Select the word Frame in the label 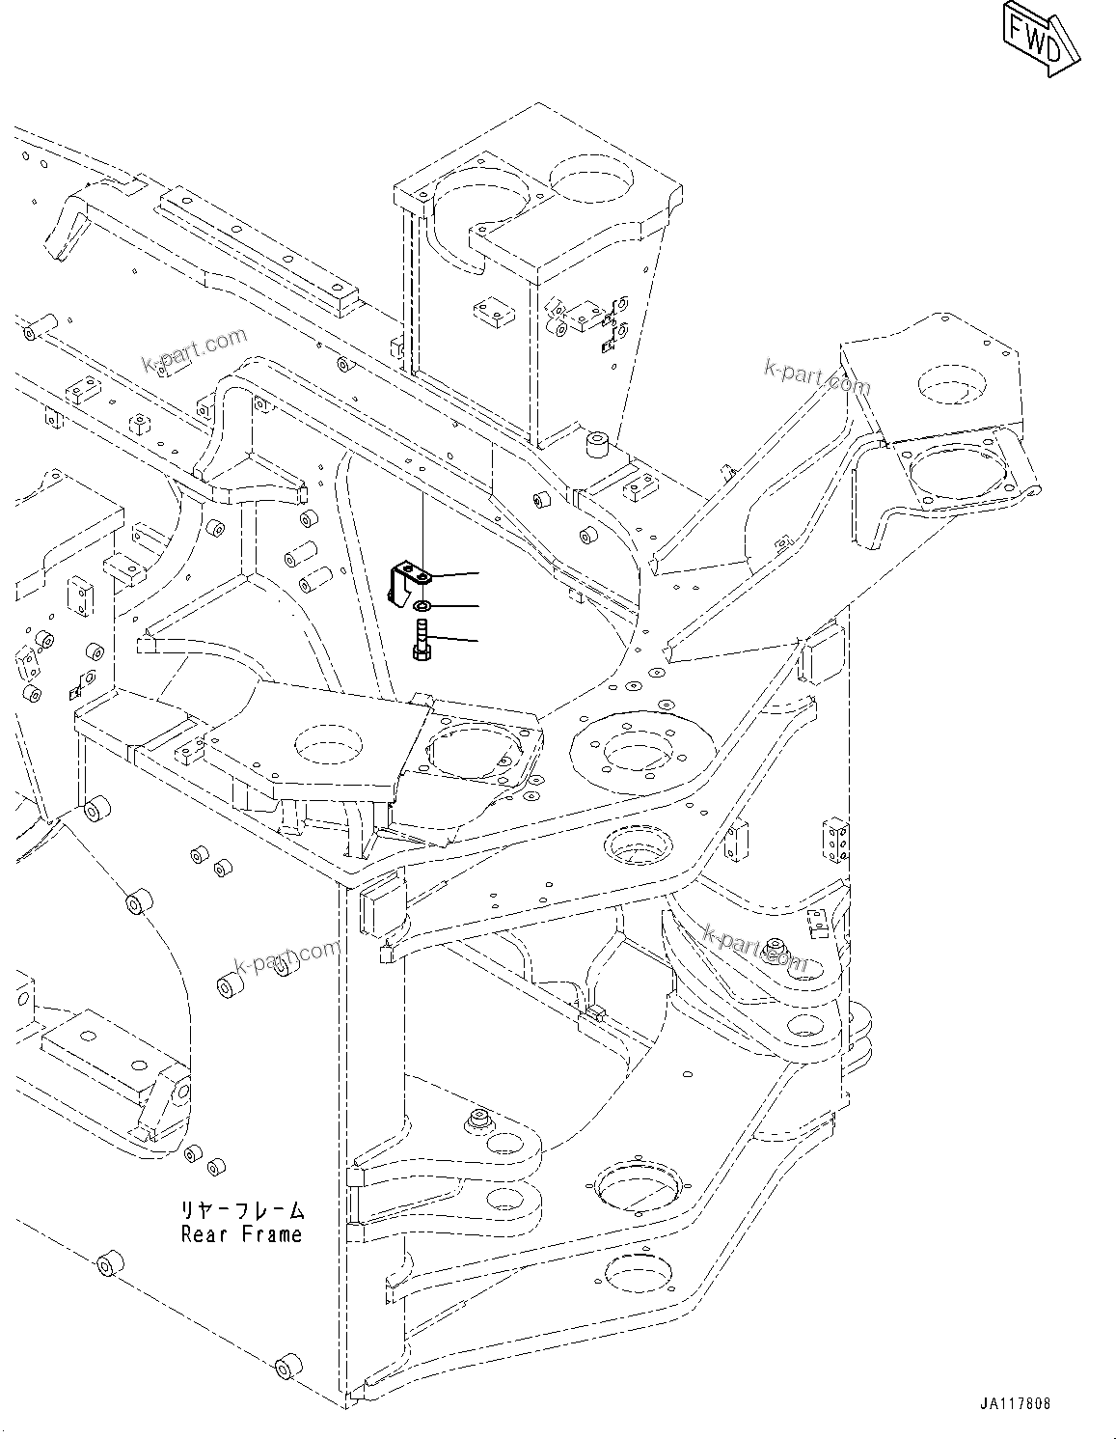270,1234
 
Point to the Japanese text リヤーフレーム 241,1210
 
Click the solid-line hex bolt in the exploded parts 422,640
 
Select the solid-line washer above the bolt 422,605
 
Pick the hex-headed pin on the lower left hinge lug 476,1121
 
